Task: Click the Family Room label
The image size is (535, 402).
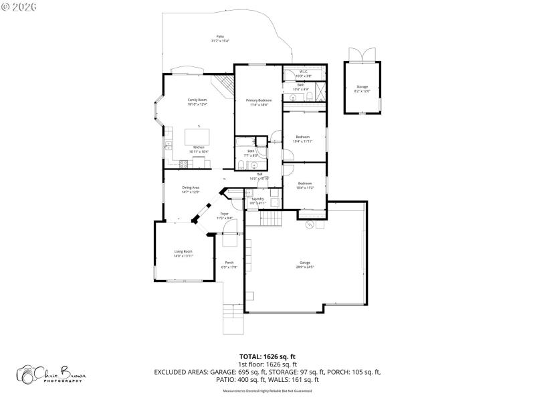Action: [x=197, y=100]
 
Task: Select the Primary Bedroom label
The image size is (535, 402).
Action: [x=259, y=100]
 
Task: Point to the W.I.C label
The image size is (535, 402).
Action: [x=303, y=72]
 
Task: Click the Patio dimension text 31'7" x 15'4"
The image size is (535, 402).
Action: [x=220, y=42]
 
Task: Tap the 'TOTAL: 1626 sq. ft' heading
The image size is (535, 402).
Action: [x=267, y=356]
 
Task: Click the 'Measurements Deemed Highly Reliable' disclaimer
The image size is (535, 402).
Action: [x=267, y=391]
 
